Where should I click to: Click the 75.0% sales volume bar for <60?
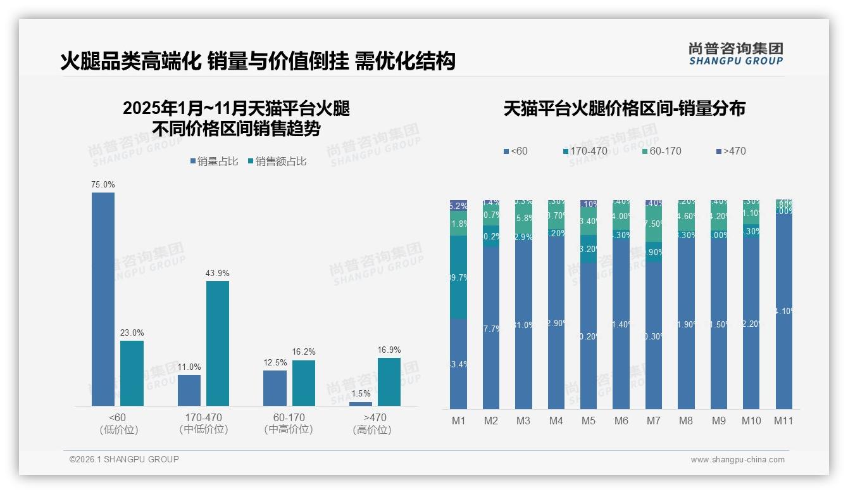[103, 299]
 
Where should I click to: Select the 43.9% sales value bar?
[218, 343]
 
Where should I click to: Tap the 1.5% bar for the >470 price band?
[361, 404]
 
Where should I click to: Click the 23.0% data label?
[132, 333]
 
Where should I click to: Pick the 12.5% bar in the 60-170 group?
[275, 388]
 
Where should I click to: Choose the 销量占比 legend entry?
[214, 161]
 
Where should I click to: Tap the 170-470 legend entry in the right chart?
[585, 151]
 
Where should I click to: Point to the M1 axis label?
[458, 421]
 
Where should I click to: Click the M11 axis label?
[783, 421]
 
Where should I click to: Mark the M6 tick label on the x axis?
[621, 421]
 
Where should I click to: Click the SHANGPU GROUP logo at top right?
[735, 54]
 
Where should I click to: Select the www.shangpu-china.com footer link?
[737, 460]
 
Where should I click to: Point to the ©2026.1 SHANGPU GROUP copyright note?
[124, 459]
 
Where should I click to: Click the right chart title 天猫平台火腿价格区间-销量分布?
[624, 109]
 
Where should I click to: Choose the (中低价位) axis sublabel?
[203, 429]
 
